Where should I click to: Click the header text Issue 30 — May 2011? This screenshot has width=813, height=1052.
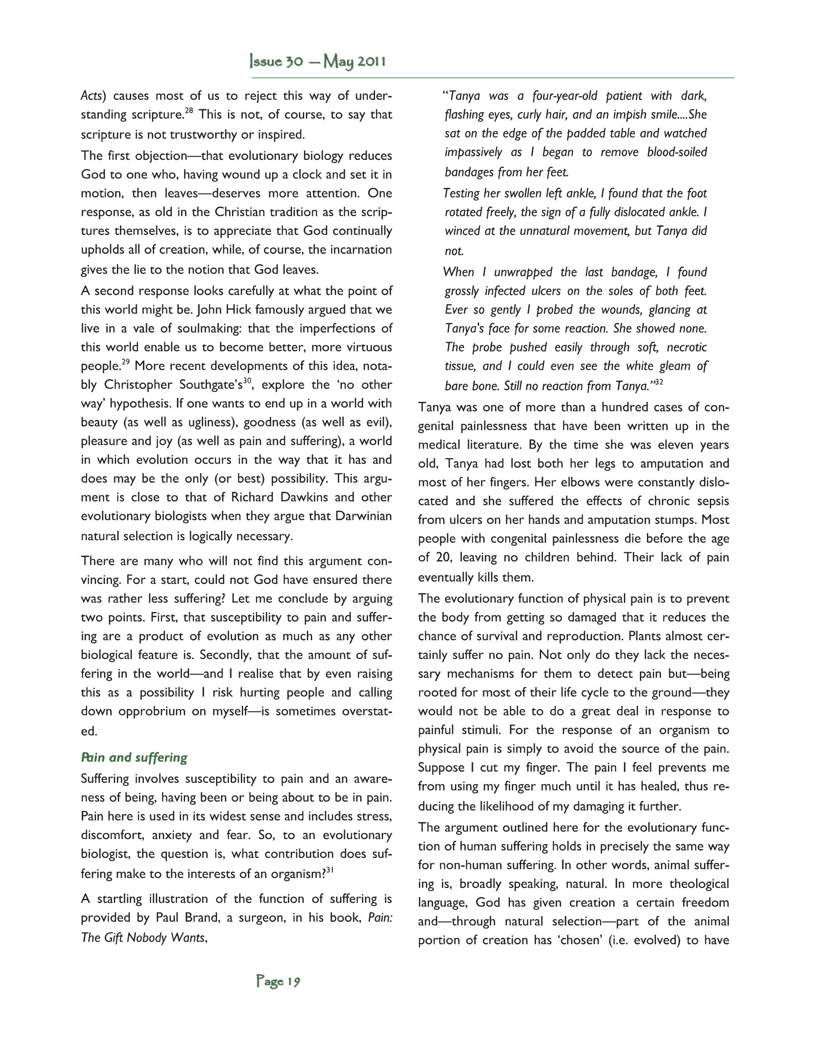click(x=317, y=62)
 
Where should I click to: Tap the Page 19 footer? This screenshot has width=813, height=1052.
click(x=279, y=981)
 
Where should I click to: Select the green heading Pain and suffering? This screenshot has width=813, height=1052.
click(x=134, y=757)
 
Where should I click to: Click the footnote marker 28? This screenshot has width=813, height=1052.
click(x=189, y=111)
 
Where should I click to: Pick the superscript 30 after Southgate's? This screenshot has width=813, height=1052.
click(x=247, y=380)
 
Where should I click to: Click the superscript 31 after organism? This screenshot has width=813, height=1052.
click(x=330, y=870)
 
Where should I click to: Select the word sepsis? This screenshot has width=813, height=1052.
click(x=712, y=501)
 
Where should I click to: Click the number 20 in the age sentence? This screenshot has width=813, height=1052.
click(x=442, y=557)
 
